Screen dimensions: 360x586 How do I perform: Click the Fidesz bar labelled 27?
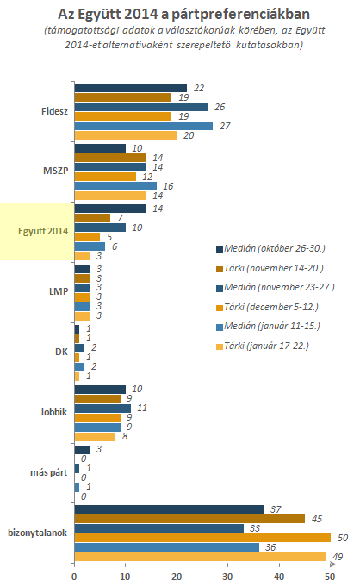pyautogui.click(x=144, y=126)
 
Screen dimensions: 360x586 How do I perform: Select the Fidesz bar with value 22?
pyautogui.click(x=131, y=88)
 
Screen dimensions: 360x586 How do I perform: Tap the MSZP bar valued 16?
pyautogui.click(x=115, y=186)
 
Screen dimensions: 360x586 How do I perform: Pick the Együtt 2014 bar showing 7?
pyautogui.click(x=93, y=218)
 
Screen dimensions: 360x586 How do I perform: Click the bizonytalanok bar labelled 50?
pyautogui.click(x=202, y=538)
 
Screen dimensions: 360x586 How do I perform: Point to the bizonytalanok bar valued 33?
pyautogui.click(x=159, y=528)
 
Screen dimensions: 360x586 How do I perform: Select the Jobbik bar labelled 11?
pyautogui.click(x=102, y=408)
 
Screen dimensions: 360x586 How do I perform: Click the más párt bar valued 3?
pyautogui.click(x=82, y=450)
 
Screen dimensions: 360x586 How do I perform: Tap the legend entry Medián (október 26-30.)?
pyautogui.click(x=270, y=249)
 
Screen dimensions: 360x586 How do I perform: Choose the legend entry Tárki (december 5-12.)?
pyautogui.click(x=267, y=307)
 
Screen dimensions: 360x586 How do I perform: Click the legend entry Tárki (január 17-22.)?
pyautogui.click(x=263, y=346)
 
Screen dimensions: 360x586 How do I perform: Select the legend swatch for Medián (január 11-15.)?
pyautogui.click(x=220, y=327)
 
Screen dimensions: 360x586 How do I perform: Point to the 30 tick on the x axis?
pyautogui.click(x=227, y=577)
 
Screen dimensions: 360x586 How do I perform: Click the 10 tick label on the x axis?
pyautogui.click(x=125, y=577)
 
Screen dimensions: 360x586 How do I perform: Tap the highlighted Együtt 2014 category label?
pyautogui.click(x=43, y=231)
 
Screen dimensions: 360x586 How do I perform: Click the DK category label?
pyautogui.click(x=62, y=352)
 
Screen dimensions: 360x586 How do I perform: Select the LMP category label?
pyautogui.click(x=59, y=291)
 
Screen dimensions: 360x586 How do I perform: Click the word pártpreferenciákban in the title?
pyautogui.click(x=240, y=14)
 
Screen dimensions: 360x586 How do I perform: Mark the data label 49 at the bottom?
pyautogui.click(x=338, y=557)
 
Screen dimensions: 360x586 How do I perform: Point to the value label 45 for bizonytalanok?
pyautogui.click(x=317, y=519)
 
